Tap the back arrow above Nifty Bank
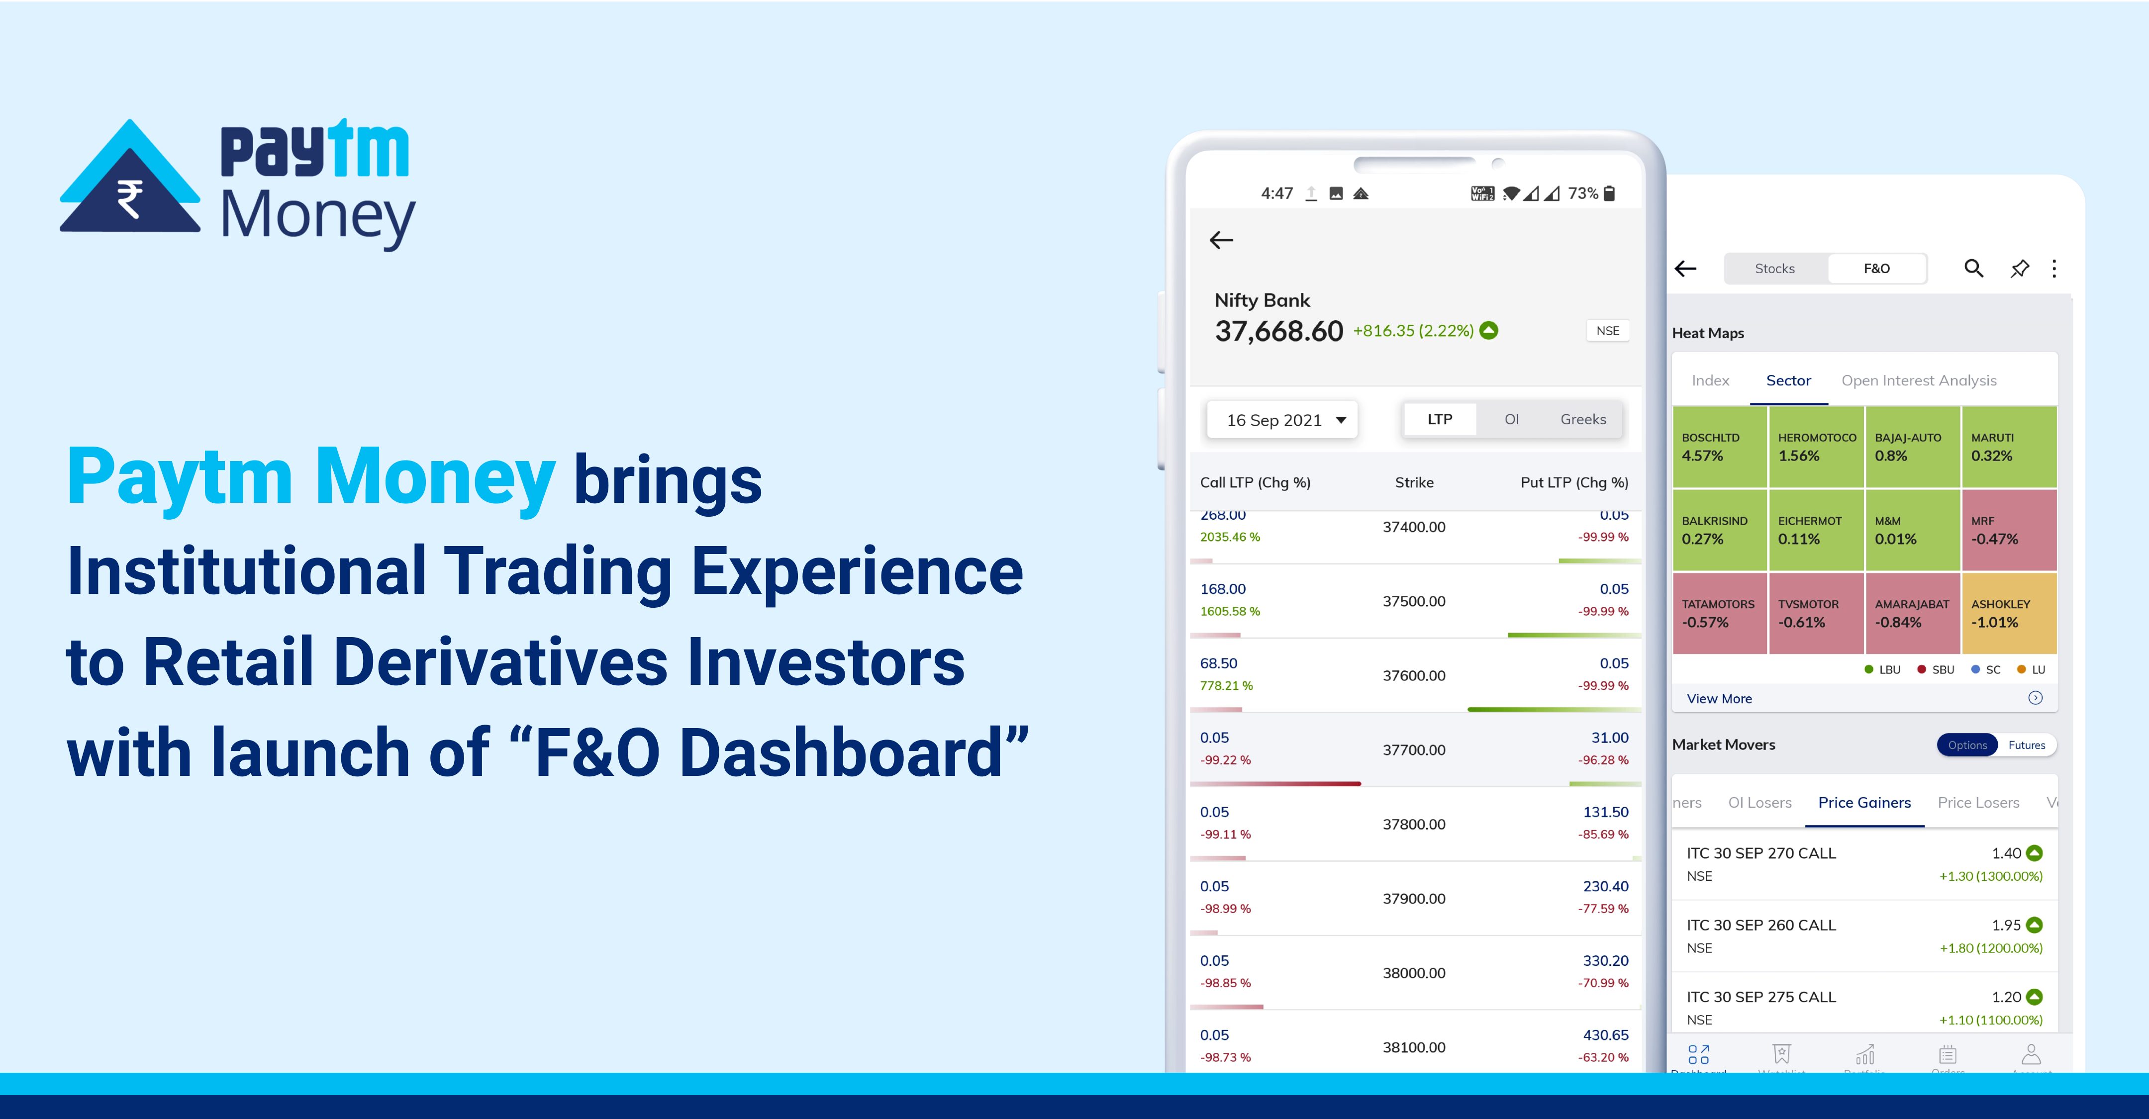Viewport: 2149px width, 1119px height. click(x=1221, y=240)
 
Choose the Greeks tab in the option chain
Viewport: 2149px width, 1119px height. click(x=1582, y=419)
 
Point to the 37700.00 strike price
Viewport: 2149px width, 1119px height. click(x=1414, y=749)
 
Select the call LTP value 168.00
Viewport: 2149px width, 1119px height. click(x=1223, y=589)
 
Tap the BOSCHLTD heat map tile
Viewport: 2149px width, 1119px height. click(x=1719, y=447)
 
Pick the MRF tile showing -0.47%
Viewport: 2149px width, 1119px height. click(x=2009, y=530)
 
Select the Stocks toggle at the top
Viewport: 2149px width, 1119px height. click(x=1774, y=269)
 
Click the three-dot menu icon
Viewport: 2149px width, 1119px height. click(x=2054, y=269)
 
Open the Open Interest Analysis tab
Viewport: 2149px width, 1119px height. click(x=1919, y=381)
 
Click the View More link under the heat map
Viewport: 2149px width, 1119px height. click(x=1719, y=699)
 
